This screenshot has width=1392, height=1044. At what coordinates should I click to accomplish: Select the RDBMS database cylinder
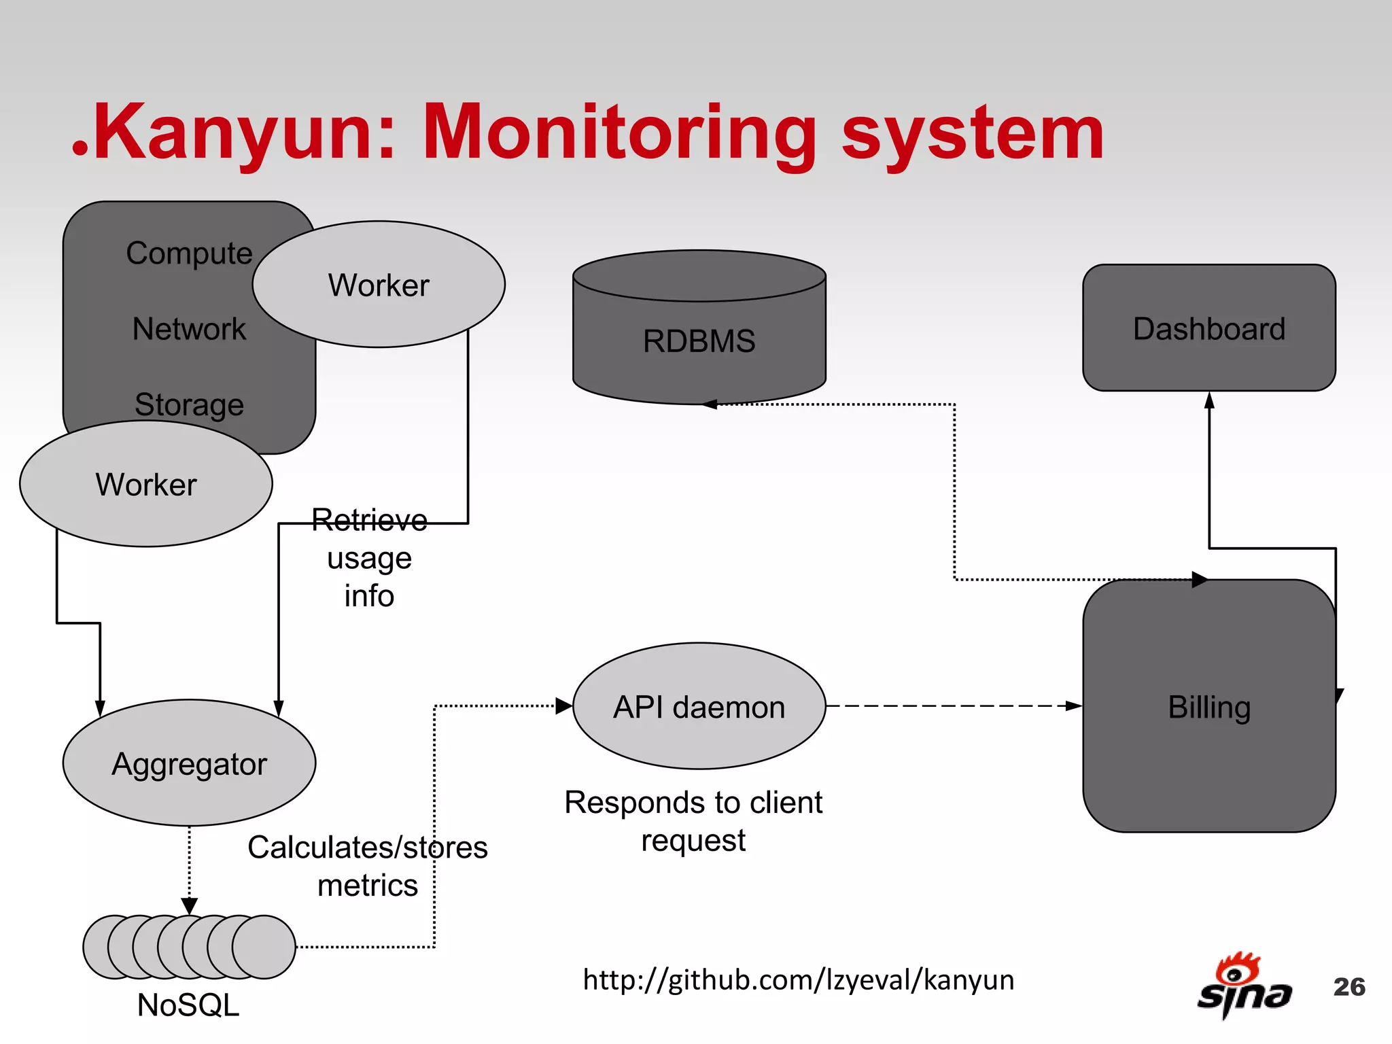click(699, 340)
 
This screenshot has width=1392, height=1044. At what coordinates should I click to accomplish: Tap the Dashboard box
click(1208, 328)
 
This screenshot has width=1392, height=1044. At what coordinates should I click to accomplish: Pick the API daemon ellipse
click(699, 707)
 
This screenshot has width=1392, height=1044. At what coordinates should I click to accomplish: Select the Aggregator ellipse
click(189, 763)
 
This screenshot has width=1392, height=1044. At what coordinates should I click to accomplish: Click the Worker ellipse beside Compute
click(379, 285)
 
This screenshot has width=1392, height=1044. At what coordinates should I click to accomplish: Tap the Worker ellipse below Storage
click(145, 484)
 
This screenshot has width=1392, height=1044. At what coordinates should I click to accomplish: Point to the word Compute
click(189, 253)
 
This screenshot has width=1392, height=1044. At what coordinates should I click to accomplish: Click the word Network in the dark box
click(189, 329)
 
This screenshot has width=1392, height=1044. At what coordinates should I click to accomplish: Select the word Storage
click(189, 404)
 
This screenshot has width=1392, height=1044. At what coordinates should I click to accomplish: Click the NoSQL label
click(188, 1005)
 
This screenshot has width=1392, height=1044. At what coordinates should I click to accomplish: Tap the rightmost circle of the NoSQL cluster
click(265, 947)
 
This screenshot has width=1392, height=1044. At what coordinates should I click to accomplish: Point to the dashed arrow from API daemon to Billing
click(952, 706)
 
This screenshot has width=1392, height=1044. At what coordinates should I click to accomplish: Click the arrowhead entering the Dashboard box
click(1209, 401)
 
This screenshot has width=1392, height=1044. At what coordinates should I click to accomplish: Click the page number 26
click(1349, 987)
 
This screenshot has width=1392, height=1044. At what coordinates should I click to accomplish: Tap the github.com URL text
click(799, 980)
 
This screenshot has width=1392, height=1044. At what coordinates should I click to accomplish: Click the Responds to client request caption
click(693, 821)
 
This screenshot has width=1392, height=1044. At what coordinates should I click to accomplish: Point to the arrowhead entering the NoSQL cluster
click(190, 906)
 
